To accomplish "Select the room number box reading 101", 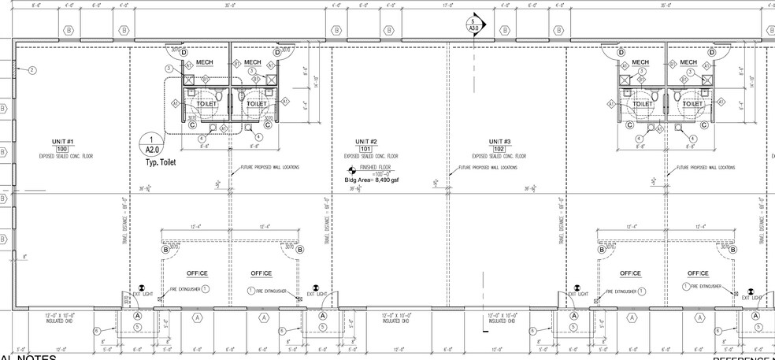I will tap(365, 148).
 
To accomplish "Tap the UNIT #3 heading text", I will tap(498, 141).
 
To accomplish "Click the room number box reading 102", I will tap(498, 148).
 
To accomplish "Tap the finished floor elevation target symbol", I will tap(352, 170).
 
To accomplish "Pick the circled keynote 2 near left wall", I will tap(32, 71).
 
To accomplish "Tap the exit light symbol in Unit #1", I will tap(142, 288).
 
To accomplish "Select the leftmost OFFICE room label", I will tap(196, 273).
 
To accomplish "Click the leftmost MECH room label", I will tap(208, 62).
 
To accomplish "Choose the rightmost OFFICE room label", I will tap(698, 273).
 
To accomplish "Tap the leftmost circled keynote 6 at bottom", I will tap(97, 331).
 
